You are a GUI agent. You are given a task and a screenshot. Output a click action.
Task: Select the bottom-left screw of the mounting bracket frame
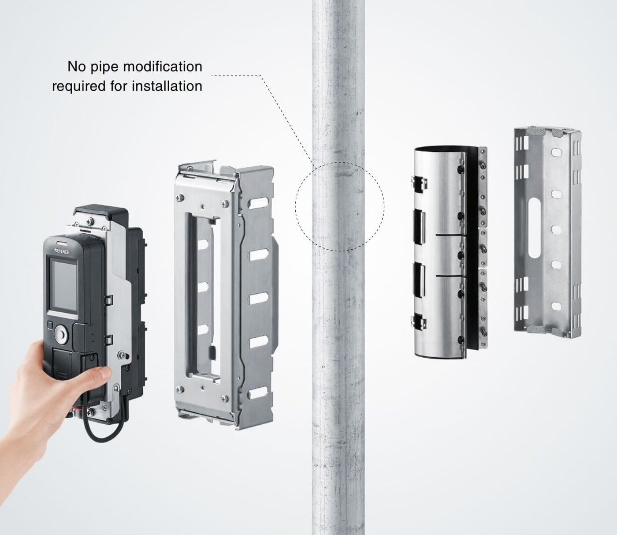[x=179, y=389]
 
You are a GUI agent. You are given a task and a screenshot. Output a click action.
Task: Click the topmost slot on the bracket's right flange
[x=259, y=203]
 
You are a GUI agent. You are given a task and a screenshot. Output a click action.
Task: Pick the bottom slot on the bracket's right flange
[x=259, y=394]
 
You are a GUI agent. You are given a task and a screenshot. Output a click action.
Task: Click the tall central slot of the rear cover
[x=534, y=228]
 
